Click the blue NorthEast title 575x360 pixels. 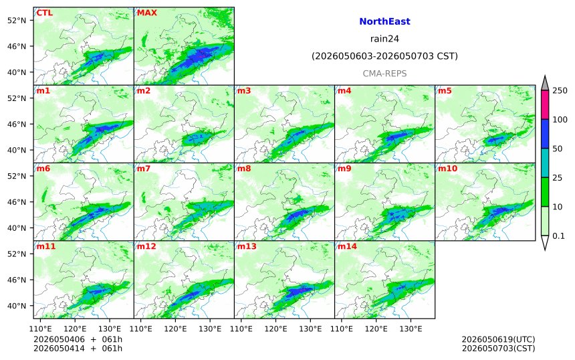(384, 21)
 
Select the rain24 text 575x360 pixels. (384, 39)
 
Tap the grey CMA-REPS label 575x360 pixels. (384, 74)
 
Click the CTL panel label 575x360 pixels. (44, 13)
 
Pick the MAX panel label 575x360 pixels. (146, 13)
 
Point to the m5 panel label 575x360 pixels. (445, 91)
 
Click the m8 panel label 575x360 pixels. (244, 169)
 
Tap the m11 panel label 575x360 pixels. (46, 247)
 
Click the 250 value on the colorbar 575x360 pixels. (560, 90)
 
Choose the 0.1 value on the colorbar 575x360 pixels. (558, 236)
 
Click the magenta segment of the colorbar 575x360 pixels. (545, 105)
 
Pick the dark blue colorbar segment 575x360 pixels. (545, 134)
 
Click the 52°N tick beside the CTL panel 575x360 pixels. (17, 21)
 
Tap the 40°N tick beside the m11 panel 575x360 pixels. (17, 306)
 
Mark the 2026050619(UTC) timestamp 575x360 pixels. (498, 339)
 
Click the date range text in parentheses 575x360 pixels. (384, 56)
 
